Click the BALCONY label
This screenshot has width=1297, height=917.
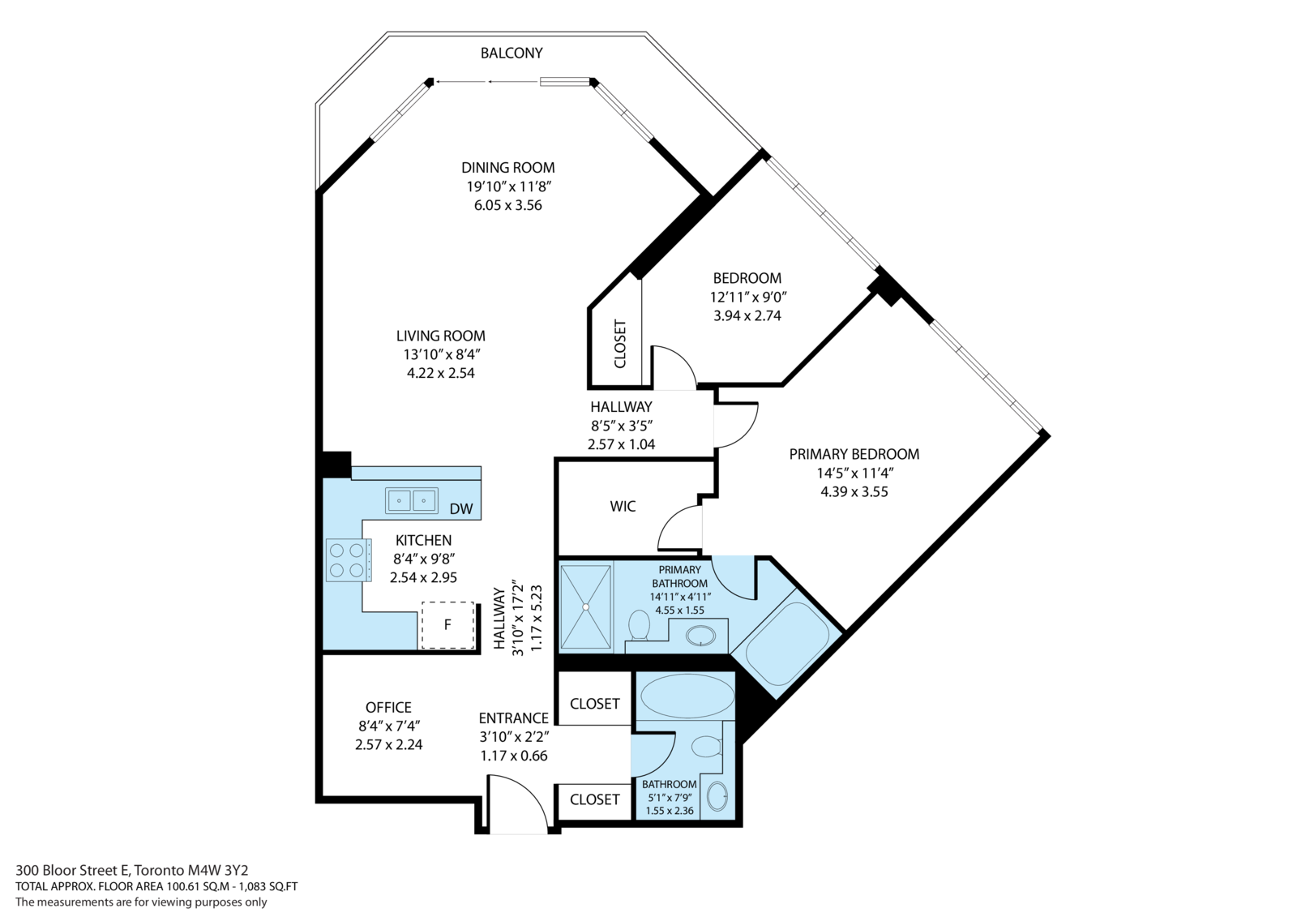(512, 54)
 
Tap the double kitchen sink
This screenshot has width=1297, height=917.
(411, 500)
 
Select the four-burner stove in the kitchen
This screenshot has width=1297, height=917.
(348, 560)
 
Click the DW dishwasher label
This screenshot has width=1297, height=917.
(461, 509)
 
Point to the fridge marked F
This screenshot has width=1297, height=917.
(447, 624)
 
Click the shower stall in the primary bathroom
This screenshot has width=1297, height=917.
(585, 607)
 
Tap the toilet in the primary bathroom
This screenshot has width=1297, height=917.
(639, 625)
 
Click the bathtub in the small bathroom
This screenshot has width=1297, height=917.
(687, 695)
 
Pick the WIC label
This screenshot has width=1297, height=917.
(623, 507)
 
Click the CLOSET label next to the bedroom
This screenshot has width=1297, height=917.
(621, 344)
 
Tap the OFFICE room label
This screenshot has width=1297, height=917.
(388, 707)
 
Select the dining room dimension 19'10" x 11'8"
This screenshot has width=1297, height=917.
(508, 186)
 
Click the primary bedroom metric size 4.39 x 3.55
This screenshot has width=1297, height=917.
(854, 491)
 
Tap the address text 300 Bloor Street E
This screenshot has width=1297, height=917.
(73, 871)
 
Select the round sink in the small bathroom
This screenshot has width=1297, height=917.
(717, 796)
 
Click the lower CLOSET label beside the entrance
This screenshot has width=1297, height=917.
(594, 799)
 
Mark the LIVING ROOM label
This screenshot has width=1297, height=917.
(441, 336)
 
